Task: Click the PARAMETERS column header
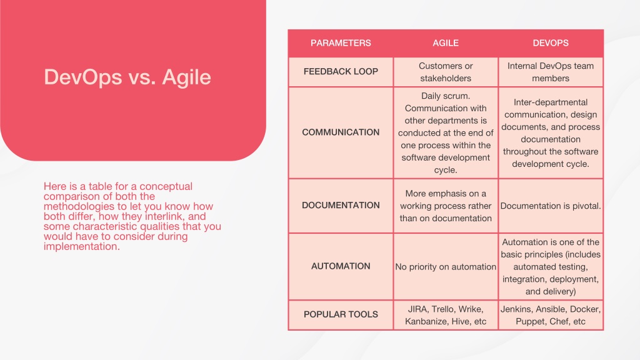pos(341,43)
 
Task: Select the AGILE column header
pos(445,43)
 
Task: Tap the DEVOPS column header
pos(550,43)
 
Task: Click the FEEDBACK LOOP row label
pos(341,71)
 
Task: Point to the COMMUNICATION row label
pos(341,132)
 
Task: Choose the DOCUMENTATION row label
pos(341,205)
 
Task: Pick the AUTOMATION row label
pos(341,266)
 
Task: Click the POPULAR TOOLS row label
pos(341,314)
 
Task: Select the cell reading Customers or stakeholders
pos(445,72)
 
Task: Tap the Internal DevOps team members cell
pos(550,72)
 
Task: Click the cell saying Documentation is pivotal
pos(550,206)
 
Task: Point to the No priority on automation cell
pos(445,267)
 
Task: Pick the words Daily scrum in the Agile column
pos(445,96)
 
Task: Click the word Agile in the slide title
pos(186,77)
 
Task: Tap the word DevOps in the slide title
pos(83,77)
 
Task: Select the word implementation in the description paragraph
pos(82,247)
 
